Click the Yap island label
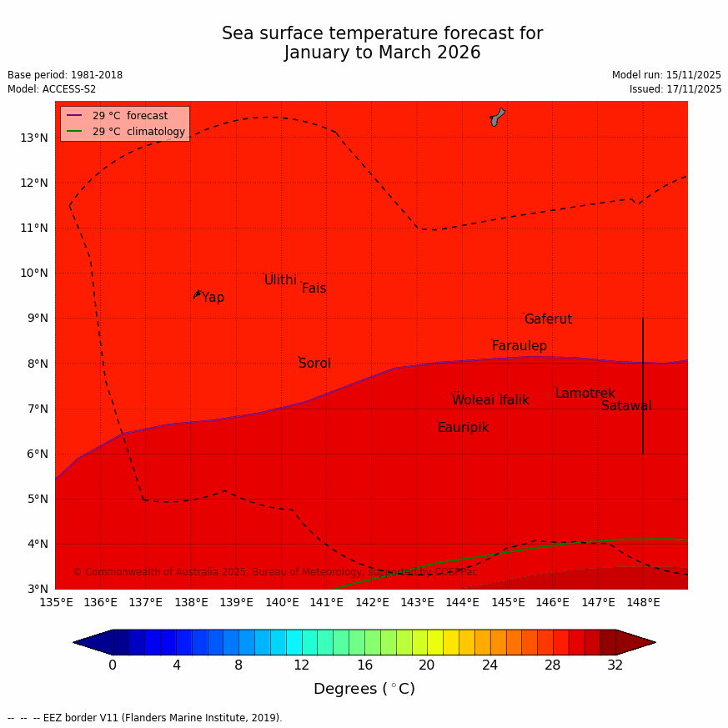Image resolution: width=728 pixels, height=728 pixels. pos(213,298)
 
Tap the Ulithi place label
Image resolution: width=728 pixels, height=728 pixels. pos(280,280)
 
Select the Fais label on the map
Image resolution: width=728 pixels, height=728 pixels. pos(314,289)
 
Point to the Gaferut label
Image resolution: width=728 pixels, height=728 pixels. pos(548,319)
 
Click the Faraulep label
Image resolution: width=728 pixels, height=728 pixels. pos(519,346)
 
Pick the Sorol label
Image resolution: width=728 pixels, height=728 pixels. pos(314,364)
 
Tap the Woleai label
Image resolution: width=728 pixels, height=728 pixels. pos(473,400)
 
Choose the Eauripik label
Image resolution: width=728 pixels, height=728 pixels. pos(463,428)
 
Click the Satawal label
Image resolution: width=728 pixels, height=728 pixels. pos(626,406)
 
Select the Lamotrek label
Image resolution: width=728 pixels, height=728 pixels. pos(585,394)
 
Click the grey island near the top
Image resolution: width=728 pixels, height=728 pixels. pos(497,117)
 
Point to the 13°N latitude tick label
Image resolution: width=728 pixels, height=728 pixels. pos(34,138)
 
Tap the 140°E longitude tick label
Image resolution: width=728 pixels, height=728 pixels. pos(282,602)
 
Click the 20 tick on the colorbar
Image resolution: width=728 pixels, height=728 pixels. pos(426,665)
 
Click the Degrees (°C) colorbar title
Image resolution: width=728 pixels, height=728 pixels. pos(364,690)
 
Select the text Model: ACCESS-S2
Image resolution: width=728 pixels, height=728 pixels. pos(52,89)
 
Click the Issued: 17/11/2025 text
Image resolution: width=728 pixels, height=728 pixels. pos(675,89)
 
